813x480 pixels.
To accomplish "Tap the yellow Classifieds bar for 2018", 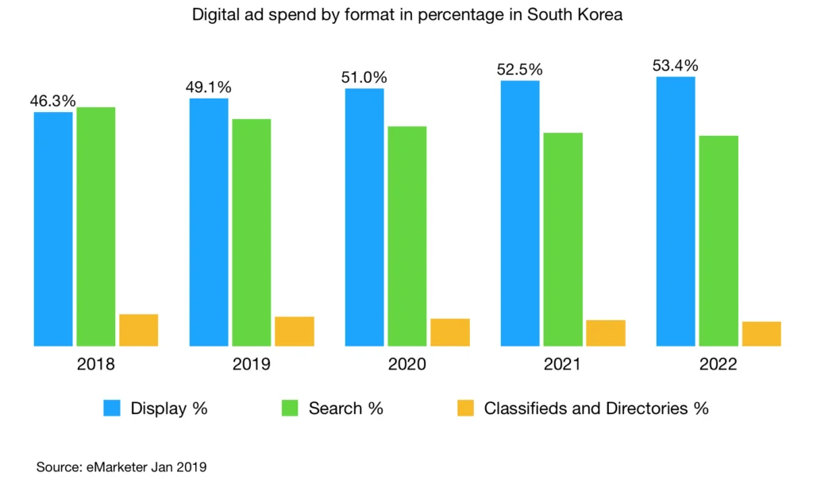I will tap(139, 330).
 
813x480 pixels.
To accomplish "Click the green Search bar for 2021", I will tap(563, 239).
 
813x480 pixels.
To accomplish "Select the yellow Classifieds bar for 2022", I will tap(761, 334).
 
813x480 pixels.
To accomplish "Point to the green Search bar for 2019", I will tap(252, 233).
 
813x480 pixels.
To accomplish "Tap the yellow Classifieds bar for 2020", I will tap(450, 332).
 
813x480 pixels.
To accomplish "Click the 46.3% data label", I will tap(53, 101).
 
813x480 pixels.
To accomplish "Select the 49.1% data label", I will tap(209, 87).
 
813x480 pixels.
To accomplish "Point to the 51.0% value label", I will tap(364, 77).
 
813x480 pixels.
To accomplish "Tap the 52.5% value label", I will tap(520, 70).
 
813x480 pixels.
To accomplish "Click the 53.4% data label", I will tap(676, 66).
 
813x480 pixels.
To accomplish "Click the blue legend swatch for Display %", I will tap(113, 408).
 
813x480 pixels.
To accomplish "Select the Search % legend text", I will tap(345, 408).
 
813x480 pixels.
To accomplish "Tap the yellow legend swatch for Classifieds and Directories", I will tap(466, 408).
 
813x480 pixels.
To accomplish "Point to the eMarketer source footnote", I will tap(121, 466).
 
